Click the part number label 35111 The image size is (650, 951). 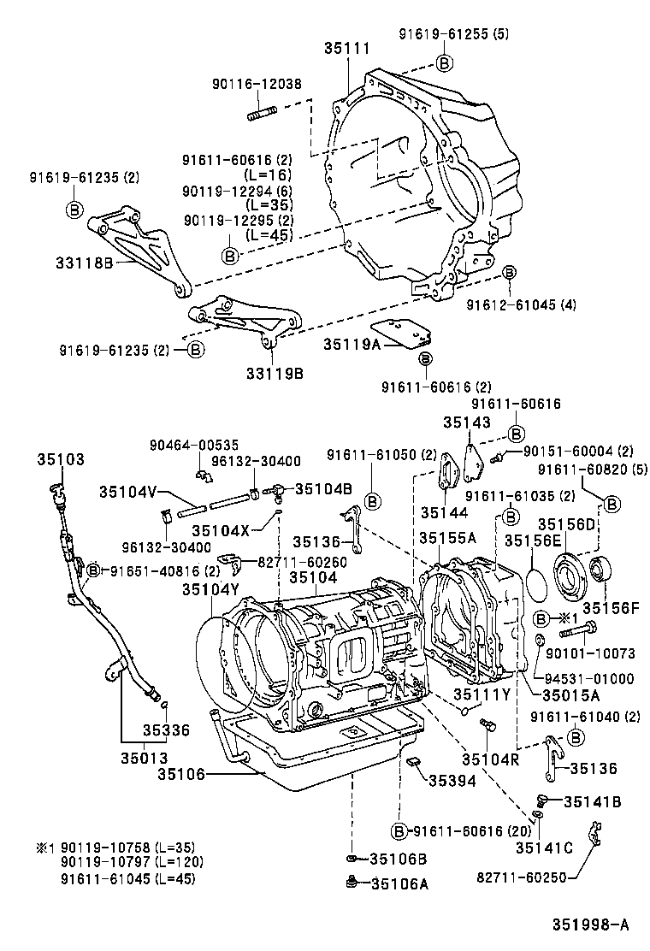347,50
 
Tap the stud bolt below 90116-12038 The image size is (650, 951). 261,113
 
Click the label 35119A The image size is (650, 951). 352,344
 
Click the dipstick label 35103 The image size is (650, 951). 61,459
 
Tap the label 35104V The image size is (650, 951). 127,492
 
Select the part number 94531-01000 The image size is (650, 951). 588,679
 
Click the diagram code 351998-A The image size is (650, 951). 589,924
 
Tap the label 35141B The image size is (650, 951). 592,801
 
